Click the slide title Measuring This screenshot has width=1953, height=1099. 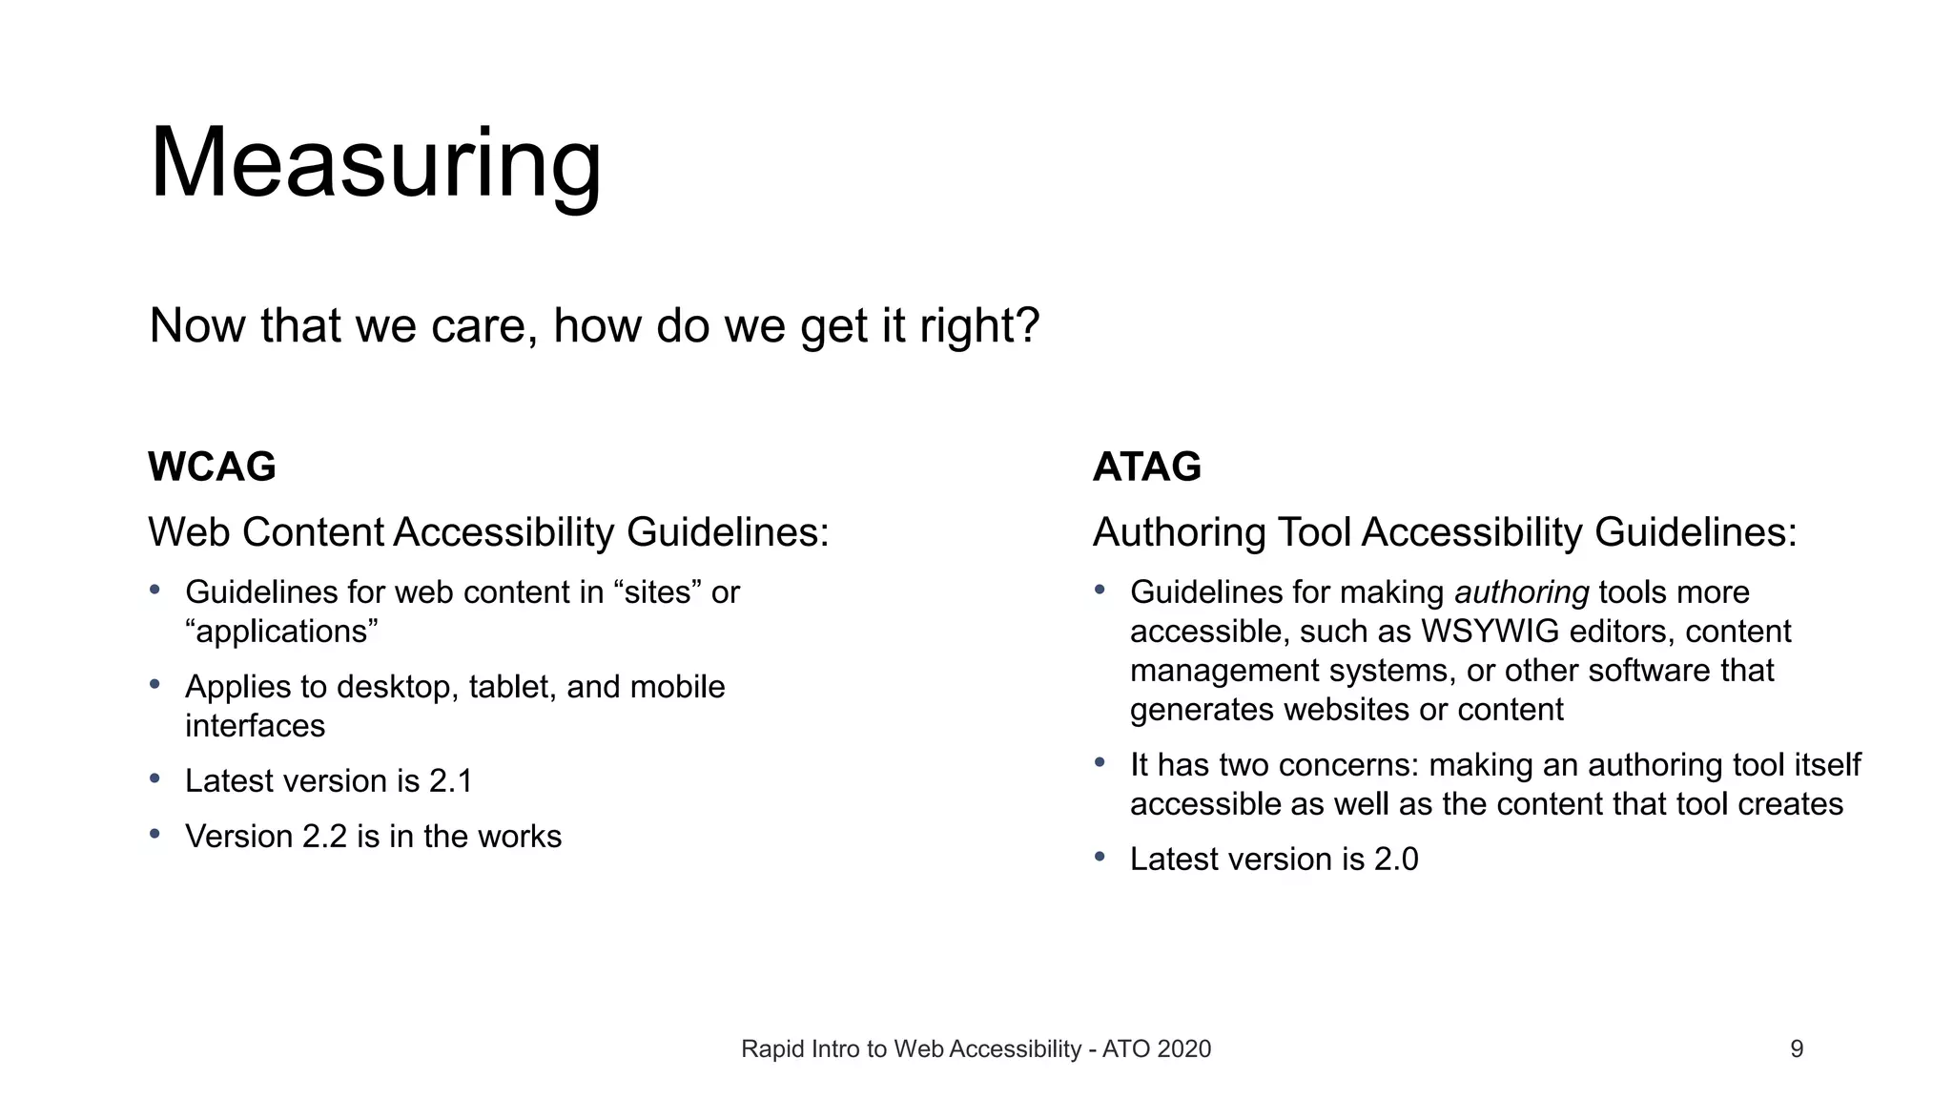(x=376, y=164)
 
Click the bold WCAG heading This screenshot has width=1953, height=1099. (x=212, y=467)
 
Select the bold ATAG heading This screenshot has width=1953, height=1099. (x=1146, y=467)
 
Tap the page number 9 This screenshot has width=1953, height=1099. (x=1797, y=1049)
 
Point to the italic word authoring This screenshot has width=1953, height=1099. (x=1521, y=592)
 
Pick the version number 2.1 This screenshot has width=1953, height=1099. (x=450, y=781)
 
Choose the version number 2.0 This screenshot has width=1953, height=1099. (x=1395, y=860)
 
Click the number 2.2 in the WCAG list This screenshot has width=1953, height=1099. (x=324, y=837)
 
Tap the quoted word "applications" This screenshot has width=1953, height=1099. (x=282, y=632)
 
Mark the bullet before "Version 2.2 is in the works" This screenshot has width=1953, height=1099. (x=154, y=834)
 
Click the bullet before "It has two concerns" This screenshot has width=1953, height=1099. (x=1100, y=762)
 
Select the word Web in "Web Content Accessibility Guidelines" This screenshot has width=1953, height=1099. (x=190, y=532)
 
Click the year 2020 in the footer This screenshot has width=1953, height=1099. (x=1183, y=1049)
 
